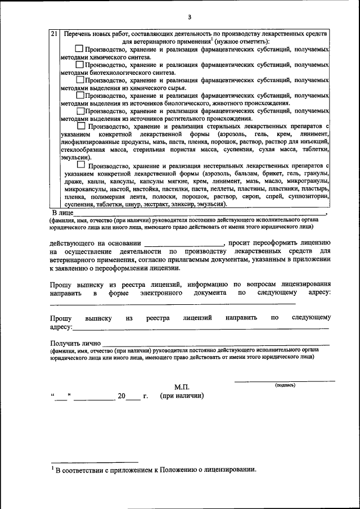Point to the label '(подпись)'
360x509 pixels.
285,386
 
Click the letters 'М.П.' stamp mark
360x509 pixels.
182,387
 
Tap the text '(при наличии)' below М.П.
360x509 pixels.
182,396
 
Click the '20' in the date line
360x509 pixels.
121,396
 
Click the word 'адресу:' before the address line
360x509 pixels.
61,327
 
